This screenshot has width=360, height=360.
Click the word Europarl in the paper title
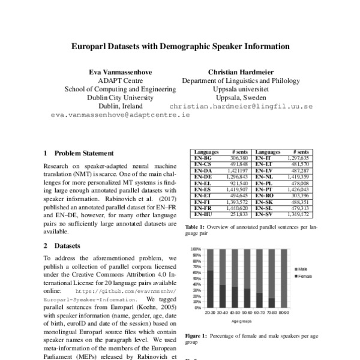[x=91, y=46]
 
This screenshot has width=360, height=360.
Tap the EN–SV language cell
[x=265, y=213]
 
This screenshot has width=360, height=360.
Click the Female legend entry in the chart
[x=304, y=275]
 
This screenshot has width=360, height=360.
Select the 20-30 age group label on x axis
[x=210, y=312]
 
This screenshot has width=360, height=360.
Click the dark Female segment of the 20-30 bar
[x=210, y=289]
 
